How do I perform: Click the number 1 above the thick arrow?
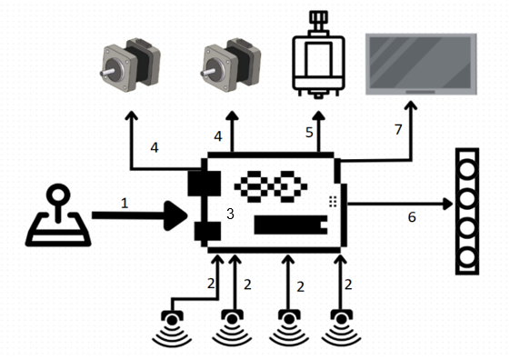[125, 204]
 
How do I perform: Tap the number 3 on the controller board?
[230, 214]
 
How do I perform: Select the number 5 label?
[309, 132]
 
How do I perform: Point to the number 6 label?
[412, 216]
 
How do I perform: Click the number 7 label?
[398, 129]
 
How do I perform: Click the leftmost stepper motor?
[130, 65]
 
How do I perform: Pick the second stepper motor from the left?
[231, 65]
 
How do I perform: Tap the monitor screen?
[421, 64]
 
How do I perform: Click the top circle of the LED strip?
[467, 169]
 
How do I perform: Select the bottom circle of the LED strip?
[467, 257]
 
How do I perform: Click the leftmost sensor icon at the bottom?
[172, 328]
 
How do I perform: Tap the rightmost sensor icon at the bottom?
[341, 327]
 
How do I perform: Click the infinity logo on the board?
[271, 186]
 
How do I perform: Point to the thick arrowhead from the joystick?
[175, 215]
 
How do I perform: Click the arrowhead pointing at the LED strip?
[448, 204]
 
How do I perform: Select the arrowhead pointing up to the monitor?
[411, 106]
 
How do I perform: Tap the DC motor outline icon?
[318, 55]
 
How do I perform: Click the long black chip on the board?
[291, 225]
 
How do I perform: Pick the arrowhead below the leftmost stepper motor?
[132, 116]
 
